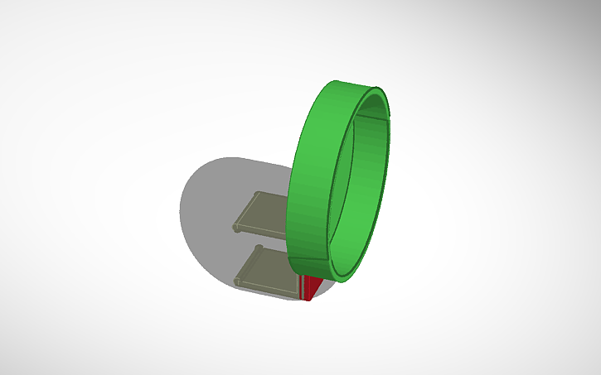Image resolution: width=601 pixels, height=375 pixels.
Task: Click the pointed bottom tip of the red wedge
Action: click(x=308, y=300)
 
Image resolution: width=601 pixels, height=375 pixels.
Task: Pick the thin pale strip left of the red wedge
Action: click(x=299, y=286)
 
